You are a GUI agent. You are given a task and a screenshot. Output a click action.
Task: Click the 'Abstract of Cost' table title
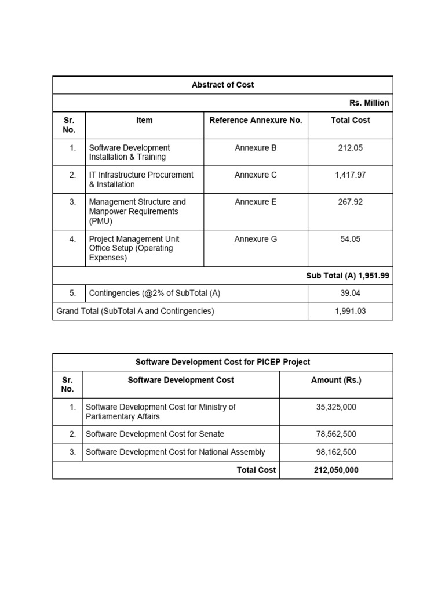click(222, 85)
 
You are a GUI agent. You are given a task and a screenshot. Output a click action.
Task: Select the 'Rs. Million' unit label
click(369, 103)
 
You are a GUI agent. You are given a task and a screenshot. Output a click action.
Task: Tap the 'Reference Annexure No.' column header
click(256, 120)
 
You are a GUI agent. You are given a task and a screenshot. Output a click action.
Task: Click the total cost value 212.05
click(350, 148)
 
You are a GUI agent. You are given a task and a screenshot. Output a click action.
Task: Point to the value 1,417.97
click(350, 175)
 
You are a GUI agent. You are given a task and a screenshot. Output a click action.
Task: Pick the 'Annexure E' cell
click(256, 202)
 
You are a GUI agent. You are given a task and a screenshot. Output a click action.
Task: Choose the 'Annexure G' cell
click(256, 239)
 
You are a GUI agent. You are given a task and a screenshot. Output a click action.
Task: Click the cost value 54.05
click(350, 239)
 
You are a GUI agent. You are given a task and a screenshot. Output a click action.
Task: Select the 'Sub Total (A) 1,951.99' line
click(348, 276)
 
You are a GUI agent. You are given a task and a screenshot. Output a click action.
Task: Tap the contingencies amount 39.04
click(350, 294)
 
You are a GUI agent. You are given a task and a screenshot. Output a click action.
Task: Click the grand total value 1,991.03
click(350, 311)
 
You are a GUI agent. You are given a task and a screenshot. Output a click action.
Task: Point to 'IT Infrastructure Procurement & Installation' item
click(141, 179)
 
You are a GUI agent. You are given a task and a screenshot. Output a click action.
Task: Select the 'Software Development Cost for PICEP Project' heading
click(222, 362)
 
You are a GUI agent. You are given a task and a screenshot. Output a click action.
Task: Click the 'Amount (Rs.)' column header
click(336, 380)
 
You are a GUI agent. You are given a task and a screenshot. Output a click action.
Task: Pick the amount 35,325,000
click(336, 407)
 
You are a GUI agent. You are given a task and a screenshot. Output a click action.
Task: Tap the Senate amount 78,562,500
click(336, 434)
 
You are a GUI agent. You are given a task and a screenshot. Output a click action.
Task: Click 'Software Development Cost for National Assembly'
click(176, 452)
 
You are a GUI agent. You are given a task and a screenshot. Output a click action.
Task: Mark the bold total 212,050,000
click(336, 470)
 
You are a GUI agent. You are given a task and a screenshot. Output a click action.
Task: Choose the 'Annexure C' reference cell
click(256, 175)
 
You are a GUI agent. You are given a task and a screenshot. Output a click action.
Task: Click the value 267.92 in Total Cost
click(350, 202)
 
